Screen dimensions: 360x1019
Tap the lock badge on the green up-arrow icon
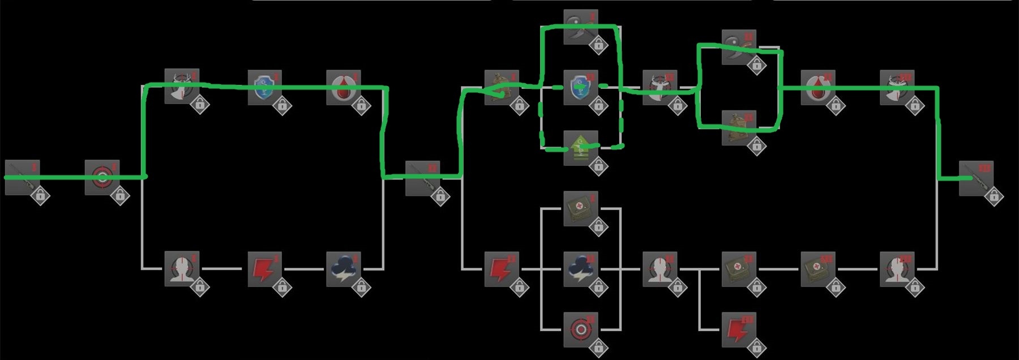click(x=598, y=166)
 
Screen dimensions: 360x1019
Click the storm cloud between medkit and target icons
click(x=581, y=268)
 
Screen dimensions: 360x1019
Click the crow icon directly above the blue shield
click(x=581, y=26)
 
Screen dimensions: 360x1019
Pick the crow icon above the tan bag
click(x=739, y=47)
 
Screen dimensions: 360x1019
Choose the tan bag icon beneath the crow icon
click(x=739, y=127)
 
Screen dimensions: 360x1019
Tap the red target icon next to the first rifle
click(x=102, y=177)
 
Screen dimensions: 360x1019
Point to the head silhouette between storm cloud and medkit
click(x=660, y=268)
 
